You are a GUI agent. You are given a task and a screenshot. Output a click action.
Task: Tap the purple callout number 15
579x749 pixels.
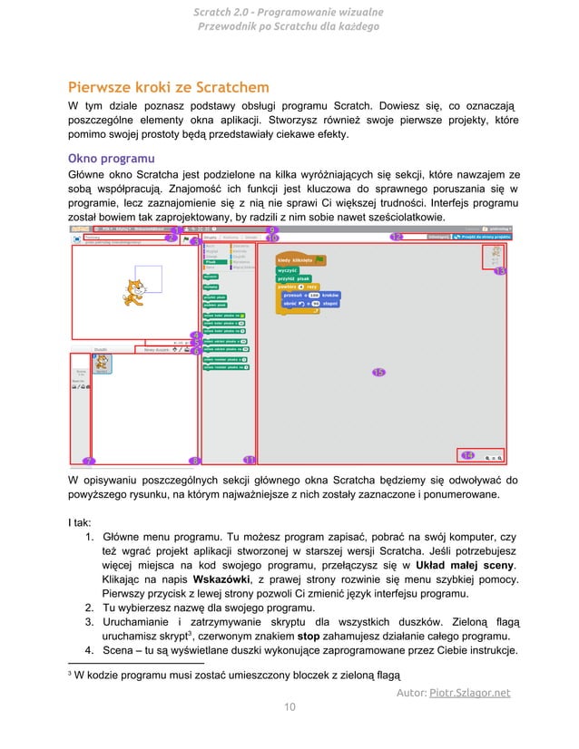[378, 372]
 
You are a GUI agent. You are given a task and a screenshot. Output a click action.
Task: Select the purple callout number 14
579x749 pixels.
[467, 454]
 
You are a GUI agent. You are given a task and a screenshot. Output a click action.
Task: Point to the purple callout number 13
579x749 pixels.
[499, 271]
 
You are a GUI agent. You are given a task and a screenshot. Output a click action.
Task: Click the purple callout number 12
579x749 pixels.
[397, 238]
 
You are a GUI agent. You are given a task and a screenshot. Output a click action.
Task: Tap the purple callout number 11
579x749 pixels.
[250, 460]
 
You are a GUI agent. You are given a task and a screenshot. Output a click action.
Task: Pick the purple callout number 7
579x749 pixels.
[89, 461]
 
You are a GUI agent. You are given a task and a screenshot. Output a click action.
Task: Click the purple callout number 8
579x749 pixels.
[193, 461]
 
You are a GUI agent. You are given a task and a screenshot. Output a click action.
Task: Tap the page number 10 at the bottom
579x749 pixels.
[289, 708]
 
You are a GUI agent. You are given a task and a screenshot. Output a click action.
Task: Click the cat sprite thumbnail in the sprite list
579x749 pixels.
[103, 363]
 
